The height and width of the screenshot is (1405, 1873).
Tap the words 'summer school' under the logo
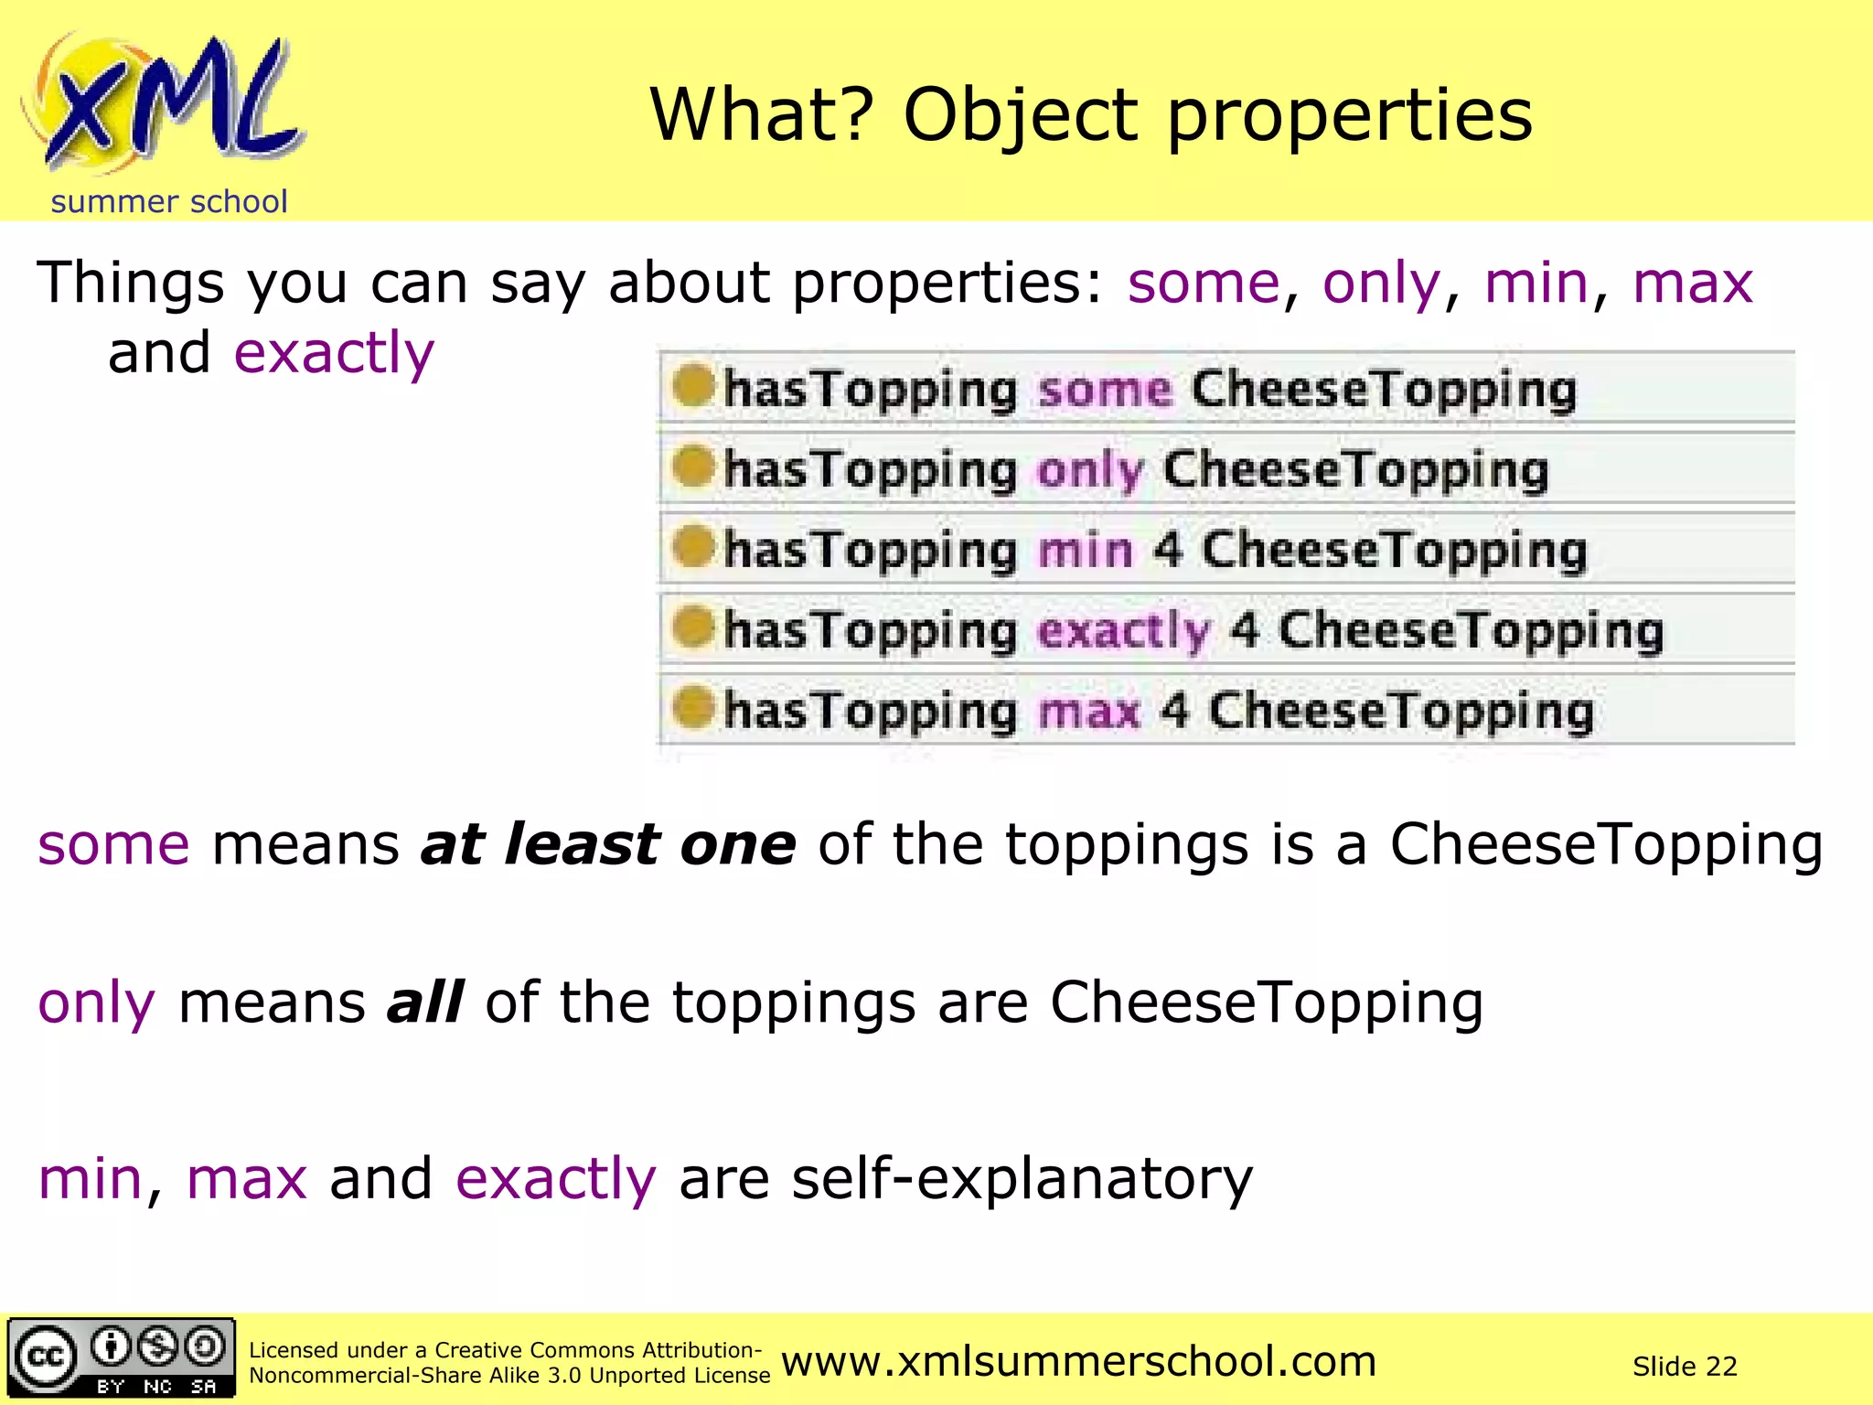tap(169, 201)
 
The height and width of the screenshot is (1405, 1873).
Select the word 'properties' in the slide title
tap(1350, 116)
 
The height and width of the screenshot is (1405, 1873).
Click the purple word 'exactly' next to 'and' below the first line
tap(334, 353)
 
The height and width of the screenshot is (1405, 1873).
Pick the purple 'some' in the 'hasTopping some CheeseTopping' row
tap(1105, 390)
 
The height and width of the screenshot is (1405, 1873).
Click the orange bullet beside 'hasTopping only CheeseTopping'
tap(692, 467)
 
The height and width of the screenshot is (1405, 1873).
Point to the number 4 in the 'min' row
tap(1167, 550)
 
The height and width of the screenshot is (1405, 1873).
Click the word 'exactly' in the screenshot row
tap(1124, 630)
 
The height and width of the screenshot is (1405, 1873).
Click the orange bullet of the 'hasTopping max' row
tap(692, 707)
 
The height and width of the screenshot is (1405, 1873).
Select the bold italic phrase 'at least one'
tap(608, 843)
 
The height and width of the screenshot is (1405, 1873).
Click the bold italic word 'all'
tap(425, 1003)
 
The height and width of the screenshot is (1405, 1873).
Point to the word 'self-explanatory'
tap(1022, 1179)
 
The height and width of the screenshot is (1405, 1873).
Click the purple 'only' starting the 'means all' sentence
tap(96, 1003)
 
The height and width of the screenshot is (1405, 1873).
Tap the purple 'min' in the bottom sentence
tap(90, 1179)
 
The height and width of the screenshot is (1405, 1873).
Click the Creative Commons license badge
tap(122, 1358)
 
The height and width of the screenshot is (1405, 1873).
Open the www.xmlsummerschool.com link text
tap(1078, 1361)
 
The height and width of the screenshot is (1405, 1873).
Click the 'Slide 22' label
tap(1685, 1367)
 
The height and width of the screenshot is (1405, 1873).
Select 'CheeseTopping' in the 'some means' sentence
tap(1606, 843)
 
